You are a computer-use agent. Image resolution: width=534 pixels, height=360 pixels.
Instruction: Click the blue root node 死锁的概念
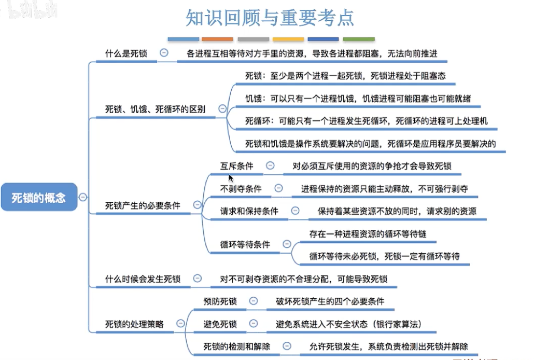point(39,197)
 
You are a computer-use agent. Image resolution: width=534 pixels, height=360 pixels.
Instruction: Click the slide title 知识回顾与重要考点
point(270,18)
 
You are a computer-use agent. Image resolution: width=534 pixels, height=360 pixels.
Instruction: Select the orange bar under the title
point(217,39)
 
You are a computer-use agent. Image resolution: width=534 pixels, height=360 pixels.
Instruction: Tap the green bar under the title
point(359,39)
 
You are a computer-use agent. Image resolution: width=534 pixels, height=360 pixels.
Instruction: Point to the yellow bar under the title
point(288,39)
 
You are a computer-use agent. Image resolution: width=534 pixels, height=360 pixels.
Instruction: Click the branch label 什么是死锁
point(126,53)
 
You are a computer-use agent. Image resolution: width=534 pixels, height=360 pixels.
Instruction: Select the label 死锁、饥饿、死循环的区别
point(155,109)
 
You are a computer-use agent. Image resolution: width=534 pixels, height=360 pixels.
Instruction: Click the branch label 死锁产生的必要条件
point(143,205)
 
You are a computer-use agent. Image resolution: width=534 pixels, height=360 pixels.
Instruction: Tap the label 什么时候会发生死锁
point(143,279)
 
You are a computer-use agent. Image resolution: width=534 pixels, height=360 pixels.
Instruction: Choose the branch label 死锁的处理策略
point(134,324)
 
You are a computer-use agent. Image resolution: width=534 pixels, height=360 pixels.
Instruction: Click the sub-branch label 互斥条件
point(237,166)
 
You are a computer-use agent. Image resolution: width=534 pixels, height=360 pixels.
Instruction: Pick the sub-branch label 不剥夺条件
point(241,188)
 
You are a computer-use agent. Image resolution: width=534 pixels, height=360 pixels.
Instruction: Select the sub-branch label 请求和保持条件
point(249,211)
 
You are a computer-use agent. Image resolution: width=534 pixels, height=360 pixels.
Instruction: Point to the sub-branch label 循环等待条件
point(245,244)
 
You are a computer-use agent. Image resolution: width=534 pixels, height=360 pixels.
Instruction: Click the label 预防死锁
point(220,301)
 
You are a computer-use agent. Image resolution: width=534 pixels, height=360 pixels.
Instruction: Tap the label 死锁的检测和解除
point(237,347)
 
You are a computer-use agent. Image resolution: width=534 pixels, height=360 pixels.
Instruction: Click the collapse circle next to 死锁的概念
point(83,197)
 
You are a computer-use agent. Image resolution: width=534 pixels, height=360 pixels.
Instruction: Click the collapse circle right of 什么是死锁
point(164,53)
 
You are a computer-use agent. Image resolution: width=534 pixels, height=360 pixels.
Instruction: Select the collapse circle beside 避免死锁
point(254,323)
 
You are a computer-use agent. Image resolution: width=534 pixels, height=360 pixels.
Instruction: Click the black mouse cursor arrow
point(231,178)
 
